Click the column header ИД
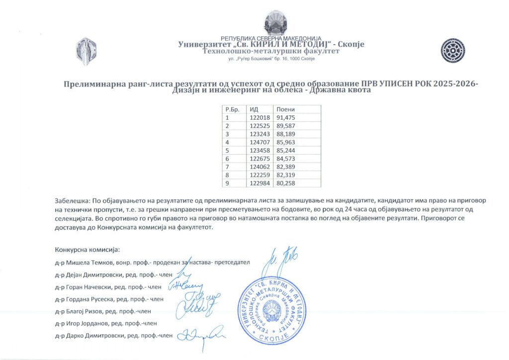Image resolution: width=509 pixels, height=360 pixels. pyautogui.click(x=254, y=109)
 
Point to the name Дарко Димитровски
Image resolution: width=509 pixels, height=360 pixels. pyautogui.click(x=96, y=335)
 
